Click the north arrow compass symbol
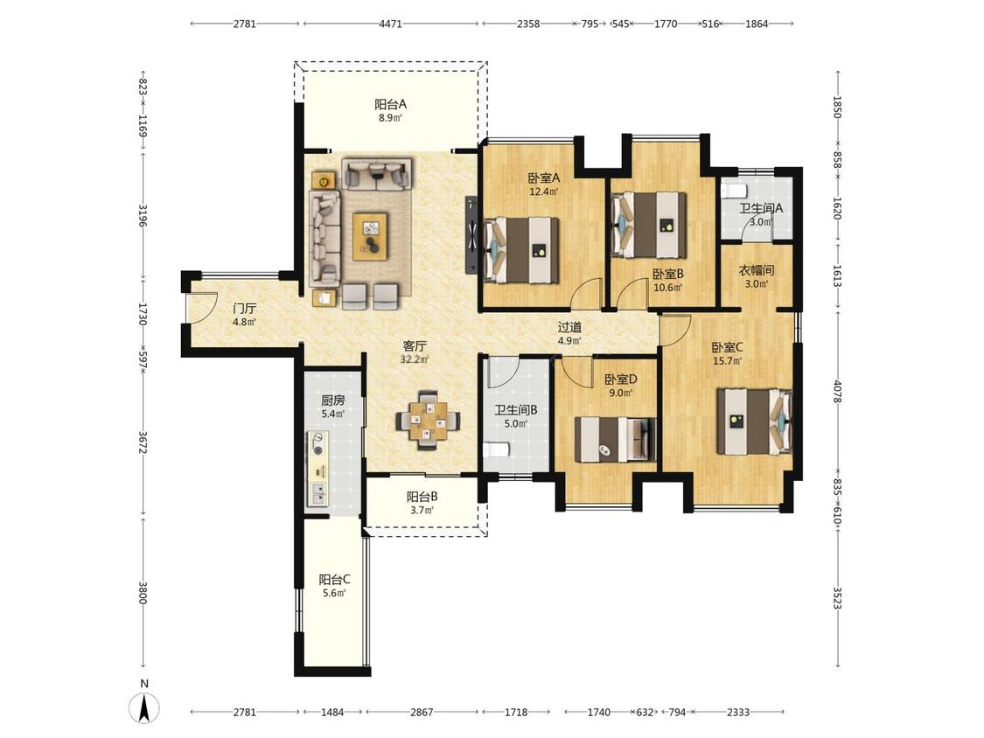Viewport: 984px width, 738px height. (x=143, y=708)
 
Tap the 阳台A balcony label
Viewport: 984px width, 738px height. (x=390, y=104)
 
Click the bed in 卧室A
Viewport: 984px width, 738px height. (x=521, y=250)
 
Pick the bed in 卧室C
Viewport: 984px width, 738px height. (x=754, y=421)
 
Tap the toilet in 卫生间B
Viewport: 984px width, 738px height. (x=496, y=450)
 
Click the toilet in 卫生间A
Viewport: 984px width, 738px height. (x=732, y=190)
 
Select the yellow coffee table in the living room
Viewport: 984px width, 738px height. (x=370, y=237)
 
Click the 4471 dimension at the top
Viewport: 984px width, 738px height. (x=390, y=24)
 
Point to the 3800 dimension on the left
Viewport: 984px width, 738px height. (x=143, y=594)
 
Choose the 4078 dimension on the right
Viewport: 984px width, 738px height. (x=836, y=390)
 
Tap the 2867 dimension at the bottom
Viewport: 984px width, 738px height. (x=422, y=713)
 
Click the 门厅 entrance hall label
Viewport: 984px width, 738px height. (x=244, y=308)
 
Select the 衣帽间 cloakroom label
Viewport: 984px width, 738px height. (x=757, y=270)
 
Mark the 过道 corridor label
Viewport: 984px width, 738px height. (x=569, y=327)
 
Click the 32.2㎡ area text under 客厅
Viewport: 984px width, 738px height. (x=415, y=359)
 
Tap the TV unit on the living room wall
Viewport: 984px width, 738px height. (x=471, y=234)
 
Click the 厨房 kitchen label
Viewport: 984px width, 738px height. (x=332, y=400)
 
